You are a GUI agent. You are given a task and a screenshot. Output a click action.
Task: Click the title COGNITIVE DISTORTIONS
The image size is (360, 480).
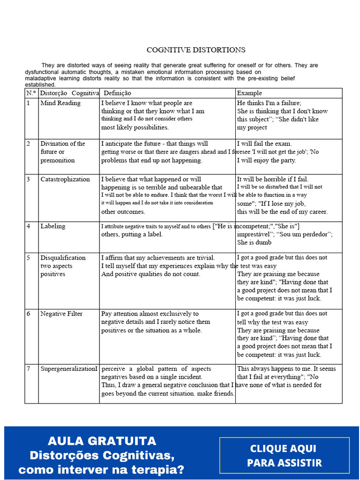click(x=195, y=50)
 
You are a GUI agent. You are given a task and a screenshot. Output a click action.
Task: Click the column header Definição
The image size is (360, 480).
click(x=117, y=93)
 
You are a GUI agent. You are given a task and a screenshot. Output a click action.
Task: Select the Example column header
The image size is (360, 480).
click(x=249, y=93)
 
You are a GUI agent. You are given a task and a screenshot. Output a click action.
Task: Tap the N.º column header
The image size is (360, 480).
click(x=31, y=93)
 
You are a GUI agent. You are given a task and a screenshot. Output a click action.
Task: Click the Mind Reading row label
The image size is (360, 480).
click(x=60, y=103)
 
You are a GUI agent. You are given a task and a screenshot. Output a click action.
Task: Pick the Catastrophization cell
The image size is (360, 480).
click(x=65, y=179)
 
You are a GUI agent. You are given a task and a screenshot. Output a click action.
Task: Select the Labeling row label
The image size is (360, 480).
click(x=53, y=226)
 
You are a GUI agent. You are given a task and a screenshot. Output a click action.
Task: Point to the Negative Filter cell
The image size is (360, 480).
click(x=61, y=314)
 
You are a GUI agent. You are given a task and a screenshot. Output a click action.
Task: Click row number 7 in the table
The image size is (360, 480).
click(x=29, y=369)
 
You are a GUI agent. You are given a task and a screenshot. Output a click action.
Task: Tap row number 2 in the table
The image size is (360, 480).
click(x=29, y=144)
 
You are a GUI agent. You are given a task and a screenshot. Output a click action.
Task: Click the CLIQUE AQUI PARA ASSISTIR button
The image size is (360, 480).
click(x=285, y=456)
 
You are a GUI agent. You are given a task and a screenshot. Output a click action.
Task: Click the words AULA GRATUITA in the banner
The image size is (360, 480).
click(x=102, y=441)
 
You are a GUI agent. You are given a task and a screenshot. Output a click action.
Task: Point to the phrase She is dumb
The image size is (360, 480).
click(x=255, y=242)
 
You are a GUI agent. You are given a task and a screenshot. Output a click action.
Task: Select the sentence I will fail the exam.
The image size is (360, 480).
click(x=264, y=143)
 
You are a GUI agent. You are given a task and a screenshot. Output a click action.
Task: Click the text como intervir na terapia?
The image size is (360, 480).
click(x=102, y=470)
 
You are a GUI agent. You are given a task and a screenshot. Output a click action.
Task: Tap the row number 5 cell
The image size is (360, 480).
click(x=29, y=258)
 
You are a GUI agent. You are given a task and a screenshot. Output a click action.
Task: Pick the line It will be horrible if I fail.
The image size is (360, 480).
click(x=273, y=179)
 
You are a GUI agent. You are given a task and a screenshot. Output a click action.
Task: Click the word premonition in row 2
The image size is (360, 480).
click(x=58, y=160)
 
